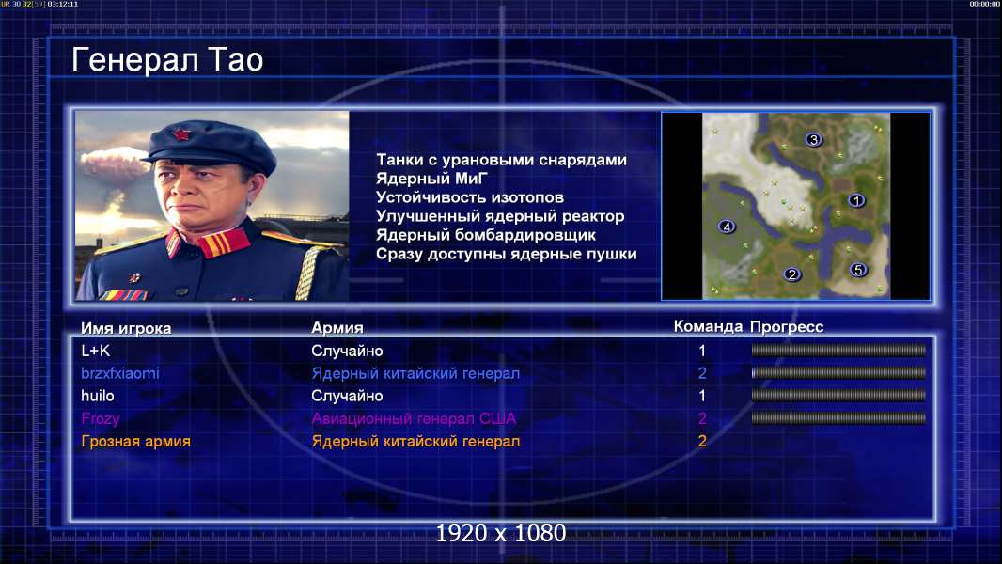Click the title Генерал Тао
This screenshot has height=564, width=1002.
[166, 61]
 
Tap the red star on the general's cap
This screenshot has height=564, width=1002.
[182, 133]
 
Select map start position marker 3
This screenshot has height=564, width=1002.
[813, 139]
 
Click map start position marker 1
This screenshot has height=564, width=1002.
[856, 200]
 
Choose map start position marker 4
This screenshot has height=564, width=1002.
[726, 227]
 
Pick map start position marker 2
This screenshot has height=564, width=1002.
[791, 274]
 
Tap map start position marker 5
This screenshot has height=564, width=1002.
[858, 270]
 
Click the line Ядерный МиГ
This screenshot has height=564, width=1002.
[432, 179]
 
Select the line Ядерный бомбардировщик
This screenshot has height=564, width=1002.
[486, 235]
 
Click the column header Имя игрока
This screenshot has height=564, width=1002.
[126, 328]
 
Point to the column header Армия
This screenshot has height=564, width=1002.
[337, 328]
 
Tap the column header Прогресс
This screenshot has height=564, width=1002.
[787, 327]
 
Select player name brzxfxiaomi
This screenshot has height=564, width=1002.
[120, 373]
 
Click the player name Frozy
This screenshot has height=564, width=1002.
[101, 419]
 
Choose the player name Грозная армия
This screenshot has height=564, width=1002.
[135, 442]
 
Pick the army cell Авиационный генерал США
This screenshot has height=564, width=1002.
[414, 418]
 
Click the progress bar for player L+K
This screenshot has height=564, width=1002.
[838, 350]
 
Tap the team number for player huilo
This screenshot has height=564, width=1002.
[701, 396]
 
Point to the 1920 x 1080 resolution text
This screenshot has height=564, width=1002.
[500, 533]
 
